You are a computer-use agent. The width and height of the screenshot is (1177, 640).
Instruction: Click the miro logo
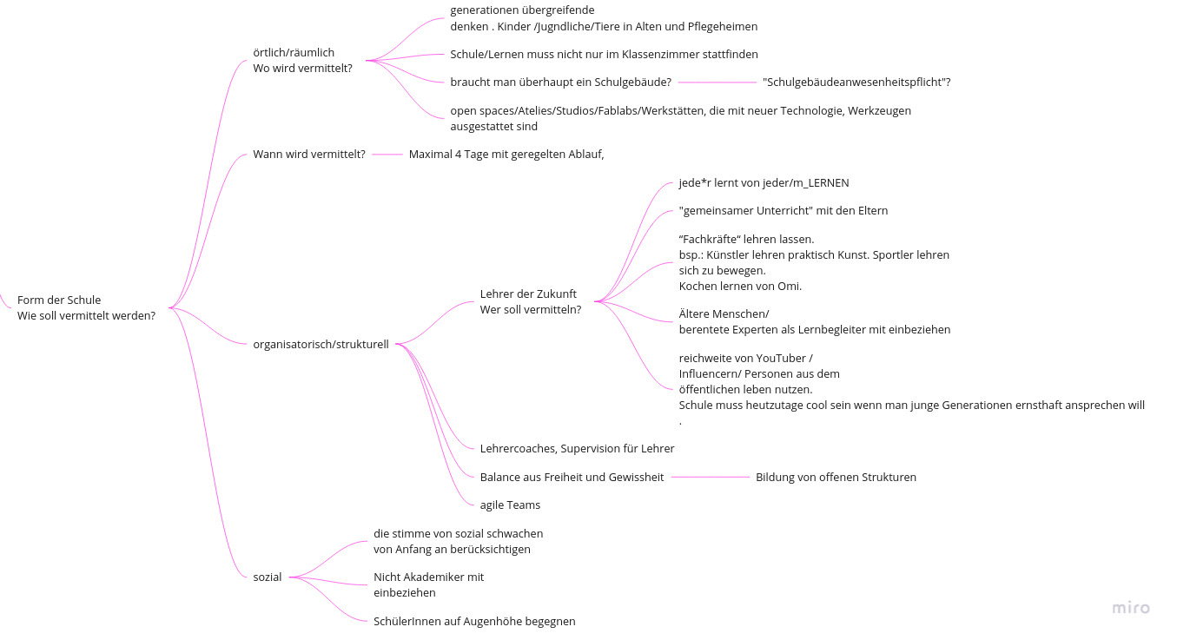[x=1131, y=608]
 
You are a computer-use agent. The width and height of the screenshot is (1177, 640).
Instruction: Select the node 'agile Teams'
[x=510, y=505]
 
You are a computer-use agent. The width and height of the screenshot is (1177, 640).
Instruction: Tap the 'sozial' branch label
[x=268, y=577]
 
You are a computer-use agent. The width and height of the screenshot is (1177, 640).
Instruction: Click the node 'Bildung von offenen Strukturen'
[x=836, y=477]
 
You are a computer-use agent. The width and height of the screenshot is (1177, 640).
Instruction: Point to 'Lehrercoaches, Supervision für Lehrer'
[x=577, y=449]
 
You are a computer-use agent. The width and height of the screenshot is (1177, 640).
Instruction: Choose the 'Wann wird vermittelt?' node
[x=308, y=155]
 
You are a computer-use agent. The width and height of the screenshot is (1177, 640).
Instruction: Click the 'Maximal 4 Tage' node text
[x=506, y=155]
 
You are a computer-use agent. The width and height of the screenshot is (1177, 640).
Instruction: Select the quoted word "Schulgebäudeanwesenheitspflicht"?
[x=856, y=82]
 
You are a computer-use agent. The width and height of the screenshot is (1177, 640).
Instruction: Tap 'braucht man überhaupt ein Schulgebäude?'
[x=560, y=82]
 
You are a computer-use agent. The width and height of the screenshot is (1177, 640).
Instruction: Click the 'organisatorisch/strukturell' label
[x=321, y=345]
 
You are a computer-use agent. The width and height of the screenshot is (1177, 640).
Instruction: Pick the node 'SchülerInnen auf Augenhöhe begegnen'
[x=474, y=622]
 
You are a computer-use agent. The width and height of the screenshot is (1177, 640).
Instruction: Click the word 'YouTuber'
[x=780, y=358]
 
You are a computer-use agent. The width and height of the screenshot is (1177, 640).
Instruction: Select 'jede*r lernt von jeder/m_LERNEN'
[x=764, y=183]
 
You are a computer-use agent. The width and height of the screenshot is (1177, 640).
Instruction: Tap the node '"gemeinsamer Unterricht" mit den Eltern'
[x=783, y=211]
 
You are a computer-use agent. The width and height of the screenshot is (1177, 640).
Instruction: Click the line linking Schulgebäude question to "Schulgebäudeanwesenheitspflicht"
[x=717, y=82]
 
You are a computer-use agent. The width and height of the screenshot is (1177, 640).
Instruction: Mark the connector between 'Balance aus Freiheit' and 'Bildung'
[x=710, y=477]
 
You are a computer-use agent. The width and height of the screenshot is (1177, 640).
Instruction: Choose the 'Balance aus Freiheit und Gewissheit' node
[x=572, y=477]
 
